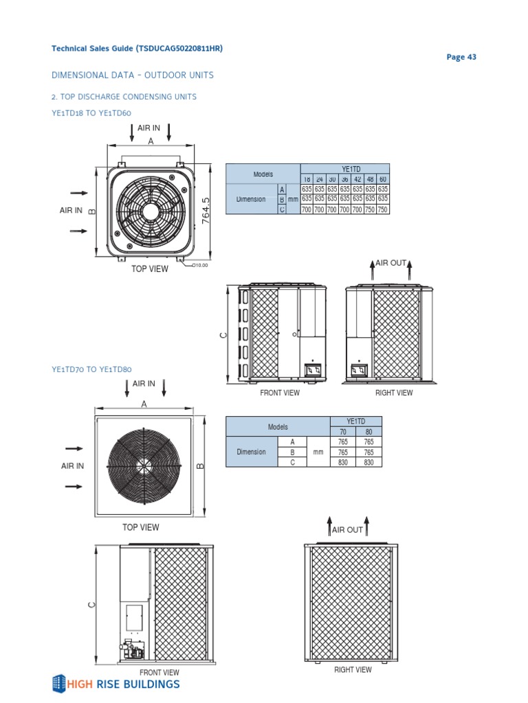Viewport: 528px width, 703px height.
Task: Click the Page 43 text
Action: tap(461, 57)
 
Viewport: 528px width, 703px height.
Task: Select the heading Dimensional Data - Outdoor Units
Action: tap(133, 75)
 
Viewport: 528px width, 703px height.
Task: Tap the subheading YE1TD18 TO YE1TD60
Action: tap(91, 113)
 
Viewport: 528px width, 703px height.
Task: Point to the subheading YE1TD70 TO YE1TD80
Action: tap(91, 369)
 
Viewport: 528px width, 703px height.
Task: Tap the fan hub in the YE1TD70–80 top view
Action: tap(144, 465)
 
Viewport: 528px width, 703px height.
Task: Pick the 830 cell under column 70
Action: tap(342, 462)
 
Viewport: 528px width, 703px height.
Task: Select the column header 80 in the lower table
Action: tap(368, 432)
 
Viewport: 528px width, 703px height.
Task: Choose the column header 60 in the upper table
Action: tap(383, 179)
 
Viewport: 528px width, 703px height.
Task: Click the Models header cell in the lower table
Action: tap(278, 427)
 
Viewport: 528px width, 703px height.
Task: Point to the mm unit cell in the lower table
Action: tap(318, 452)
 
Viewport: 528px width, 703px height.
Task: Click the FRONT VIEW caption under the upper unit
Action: tap(280, 393)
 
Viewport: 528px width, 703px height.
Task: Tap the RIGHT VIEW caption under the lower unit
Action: tap(353, 669)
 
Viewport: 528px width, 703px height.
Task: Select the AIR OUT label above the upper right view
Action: tap(390, 263)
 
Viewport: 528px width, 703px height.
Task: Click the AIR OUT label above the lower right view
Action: tap(347, 530)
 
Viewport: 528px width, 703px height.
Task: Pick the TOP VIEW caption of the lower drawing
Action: tap(140, 527)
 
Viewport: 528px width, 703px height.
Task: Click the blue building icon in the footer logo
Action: tap(60, 683)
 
